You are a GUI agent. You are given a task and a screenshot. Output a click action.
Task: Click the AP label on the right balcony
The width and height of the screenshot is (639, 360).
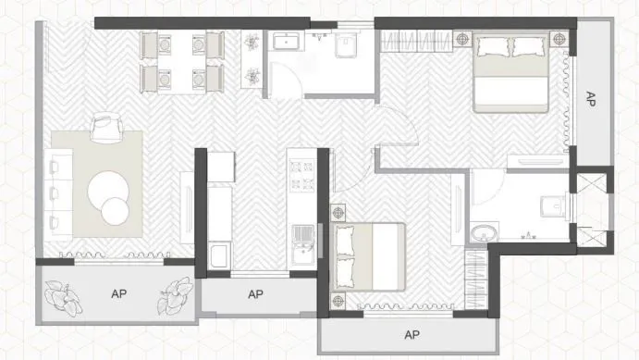pyautogui.click(x=591, y=100)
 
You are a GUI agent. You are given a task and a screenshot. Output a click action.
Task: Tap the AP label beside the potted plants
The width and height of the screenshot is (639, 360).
pyautogui.click(x=118, y=294)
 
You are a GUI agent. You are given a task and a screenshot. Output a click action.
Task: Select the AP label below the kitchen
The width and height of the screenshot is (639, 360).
pyautogui.click(x=256, y=294)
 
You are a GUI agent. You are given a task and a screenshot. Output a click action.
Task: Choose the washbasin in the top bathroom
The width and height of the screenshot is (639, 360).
pyautogui.click(x=287, y=42)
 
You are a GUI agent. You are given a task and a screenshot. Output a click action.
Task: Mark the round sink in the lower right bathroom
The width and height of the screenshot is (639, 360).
pyautogui.click(x=483, y=231)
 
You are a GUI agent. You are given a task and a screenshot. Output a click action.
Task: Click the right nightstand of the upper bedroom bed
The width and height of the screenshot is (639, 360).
pyautogui.click(x=557, y=39)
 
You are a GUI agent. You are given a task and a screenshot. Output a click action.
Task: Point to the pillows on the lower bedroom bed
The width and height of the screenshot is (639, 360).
pyautogui.click(x=346, y=255)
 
